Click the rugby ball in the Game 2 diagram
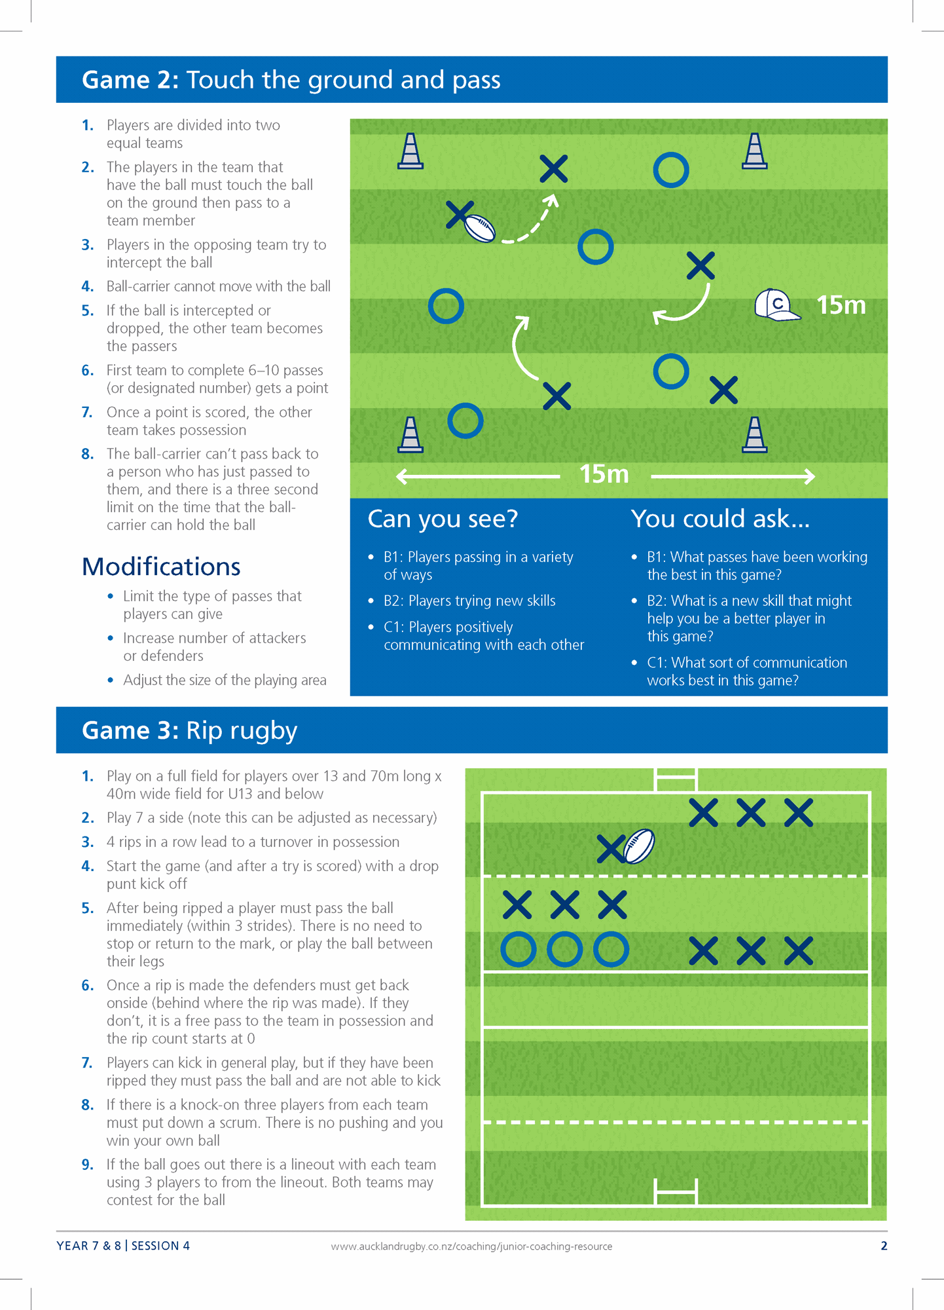(480, 229)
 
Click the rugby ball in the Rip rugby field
(639, 846)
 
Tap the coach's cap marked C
(776, 305)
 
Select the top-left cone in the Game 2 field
(410, 151)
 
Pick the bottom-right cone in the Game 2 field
(754, 436)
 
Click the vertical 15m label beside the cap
(841, 305)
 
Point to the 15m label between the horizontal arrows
(604, 474)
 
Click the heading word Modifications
(161, 567)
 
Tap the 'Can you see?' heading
(443, 519)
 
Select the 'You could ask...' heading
(720, 519)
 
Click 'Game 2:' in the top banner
(130, 80)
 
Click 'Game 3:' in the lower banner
(130, 730)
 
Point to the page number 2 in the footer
(884, 1246)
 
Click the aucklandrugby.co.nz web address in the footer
(471, 1246)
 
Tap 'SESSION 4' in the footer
(160, 1246)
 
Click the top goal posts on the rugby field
(676, 779)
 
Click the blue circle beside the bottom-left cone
(465, 421)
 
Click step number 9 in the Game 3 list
(88, 1165)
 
